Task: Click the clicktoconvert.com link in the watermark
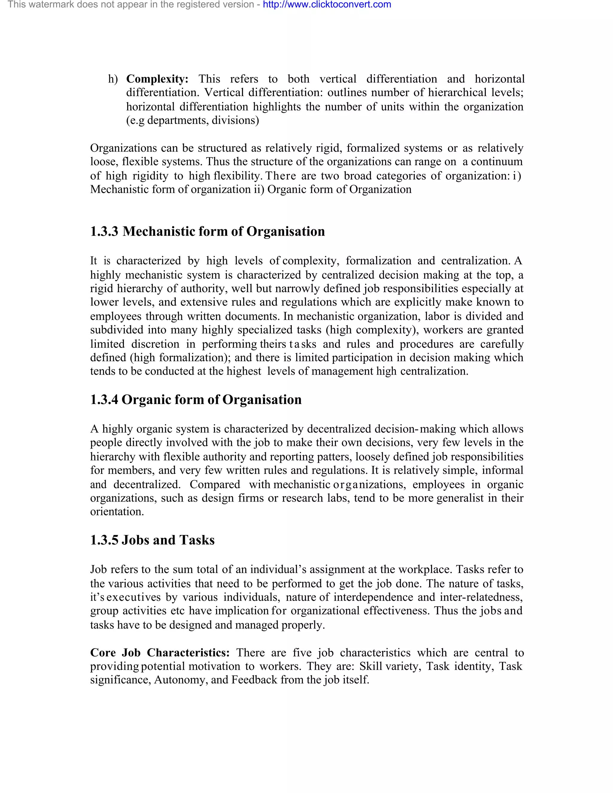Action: [327, 5]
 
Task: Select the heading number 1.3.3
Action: [104, 231]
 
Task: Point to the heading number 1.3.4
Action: [104, 399]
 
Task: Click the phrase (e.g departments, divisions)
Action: [192, 120]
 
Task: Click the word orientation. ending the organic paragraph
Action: [117, 512]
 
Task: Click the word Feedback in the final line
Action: [254, 680]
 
